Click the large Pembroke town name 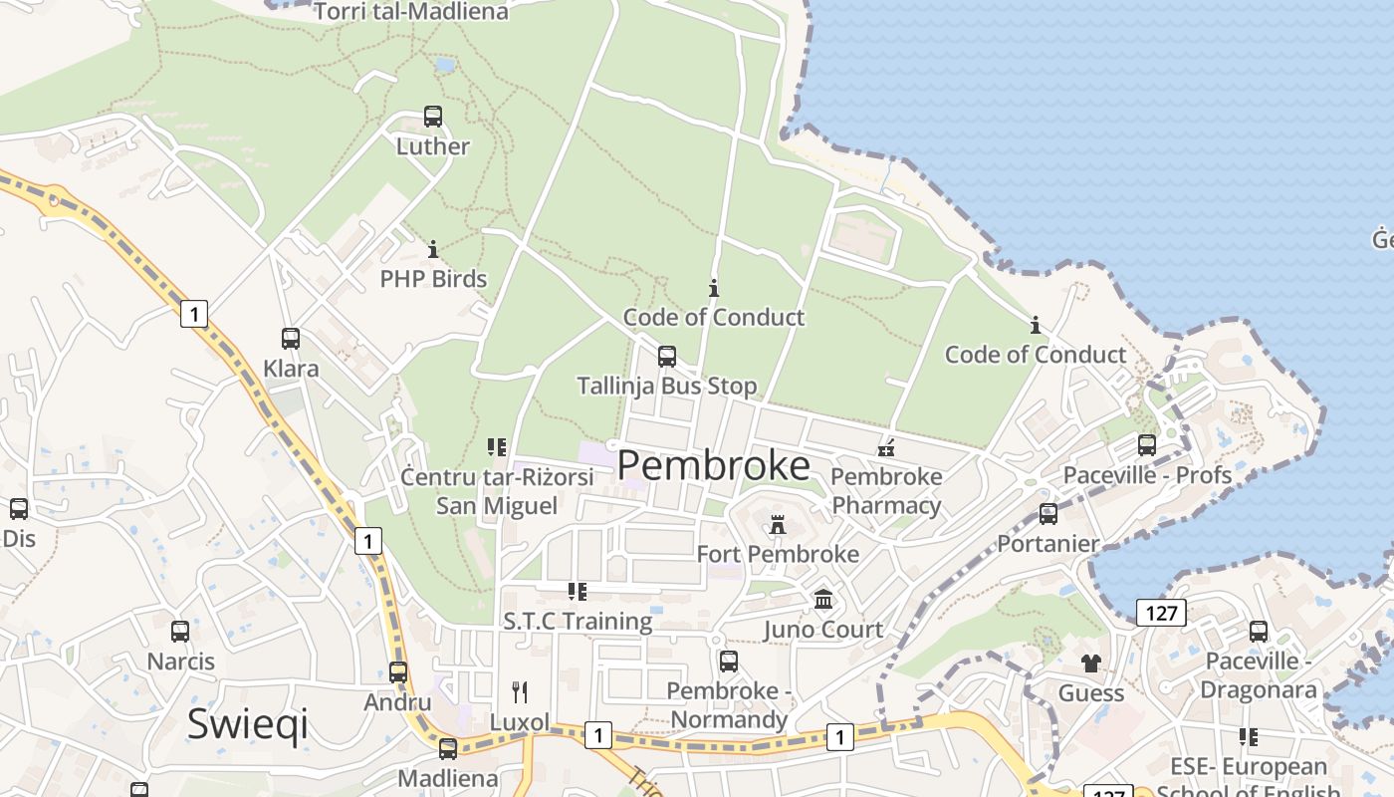tap(714, 466)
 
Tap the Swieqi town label tap(248, 724)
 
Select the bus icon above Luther tap(432, 117)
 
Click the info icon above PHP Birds tap(433, 249)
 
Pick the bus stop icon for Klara tap(290, 339)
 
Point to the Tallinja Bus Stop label tap(667, 386)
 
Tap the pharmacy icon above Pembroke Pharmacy tap(886, 448)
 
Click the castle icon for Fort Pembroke tap(778, 524)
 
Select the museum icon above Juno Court tap(823, 600)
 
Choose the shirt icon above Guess tap(1091, 664)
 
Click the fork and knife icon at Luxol tap(519, 691)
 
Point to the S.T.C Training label tap(578, 622)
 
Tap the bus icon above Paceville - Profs tap(1147, 445)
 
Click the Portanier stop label tap(1048, 544)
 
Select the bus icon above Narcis tap(180, 631)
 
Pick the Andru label tap(397, 702)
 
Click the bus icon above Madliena tap(448, 748)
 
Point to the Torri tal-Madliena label tap(410, 12)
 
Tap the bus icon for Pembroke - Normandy tap(729, 662)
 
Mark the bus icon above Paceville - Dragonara tap(1259, 631)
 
